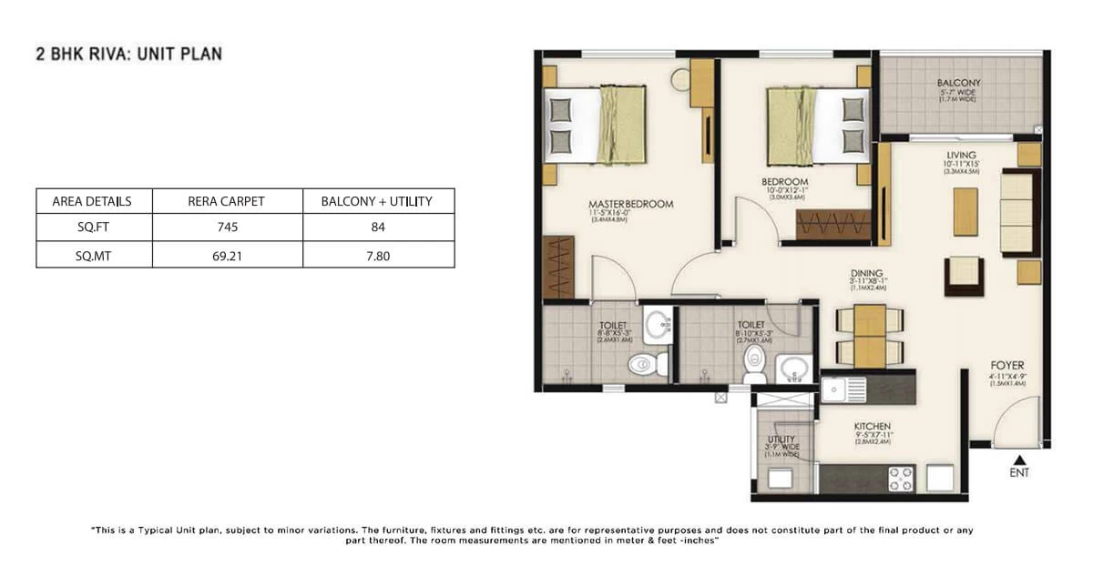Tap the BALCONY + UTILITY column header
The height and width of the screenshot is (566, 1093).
[x=377, y=201]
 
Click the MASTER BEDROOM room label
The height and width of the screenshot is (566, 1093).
[x=631, y=205]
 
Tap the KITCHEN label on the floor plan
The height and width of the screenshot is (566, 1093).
[x=872, y=427]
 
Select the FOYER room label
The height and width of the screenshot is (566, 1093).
[x=1006, y=366]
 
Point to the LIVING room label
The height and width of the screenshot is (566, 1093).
[x=961, y=156]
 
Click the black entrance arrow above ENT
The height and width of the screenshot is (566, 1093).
[x=1020, y=460]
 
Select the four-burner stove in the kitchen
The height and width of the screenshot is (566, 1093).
[x=900, y=479]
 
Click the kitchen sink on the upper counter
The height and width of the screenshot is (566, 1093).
[x=835, y=390]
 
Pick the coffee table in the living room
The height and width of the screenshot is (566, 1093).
[x=965, y=211]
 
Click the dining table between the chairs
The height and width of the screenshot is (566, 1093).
[x=870, y=335]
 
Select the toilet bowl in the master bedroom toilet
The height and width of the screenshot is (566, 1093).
[x=643, y=364]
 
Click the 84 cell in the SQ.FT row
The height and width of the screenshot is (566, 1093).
[x=377, y=227]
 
